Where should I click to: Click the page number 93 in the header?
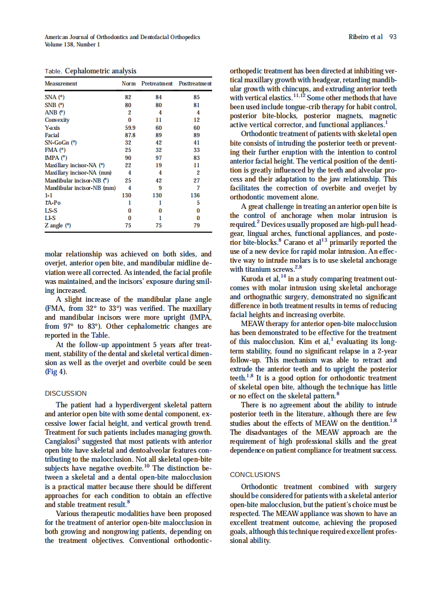392,37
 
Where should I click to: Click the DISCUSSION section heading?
66,393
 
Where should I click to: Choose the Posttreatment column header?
195,83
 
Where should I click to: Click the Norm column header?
128,83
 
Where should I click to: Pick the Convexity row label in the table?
57,120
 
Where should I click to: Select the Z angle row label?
57,225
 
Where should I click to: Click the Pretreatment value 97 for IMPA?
159,157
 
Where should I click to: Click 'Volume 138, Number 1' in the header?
72,44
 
